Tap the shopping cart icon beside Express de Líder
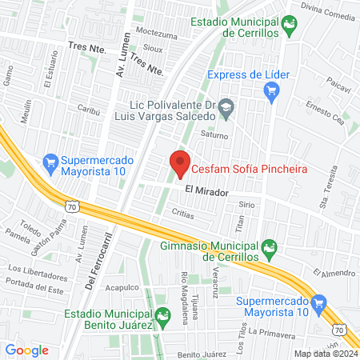272,90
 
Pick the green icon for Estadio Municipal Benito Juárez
163,318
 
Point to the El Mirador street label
206,192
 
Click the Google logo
26,350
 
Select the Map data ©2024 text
324,354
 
